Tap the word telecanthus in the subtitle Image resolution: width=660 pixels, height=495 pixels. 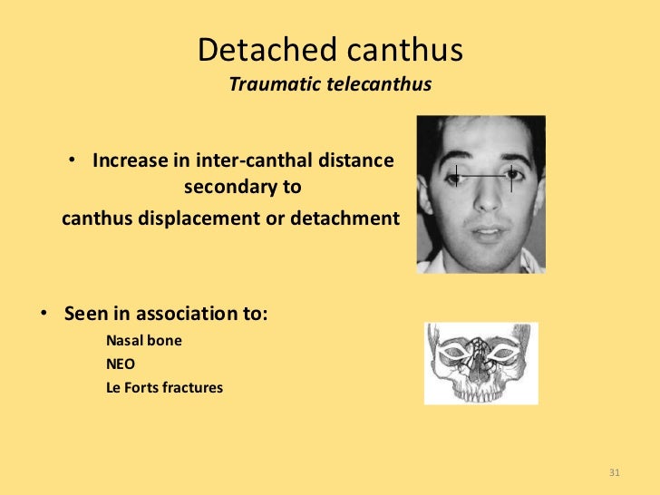378,85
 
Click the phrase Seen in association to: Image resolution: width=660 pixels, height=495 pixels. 167,315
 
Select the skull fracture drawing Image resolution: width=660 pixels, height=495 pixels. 480,363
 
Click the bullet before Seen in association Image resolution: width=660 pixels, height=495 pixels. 43,315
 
